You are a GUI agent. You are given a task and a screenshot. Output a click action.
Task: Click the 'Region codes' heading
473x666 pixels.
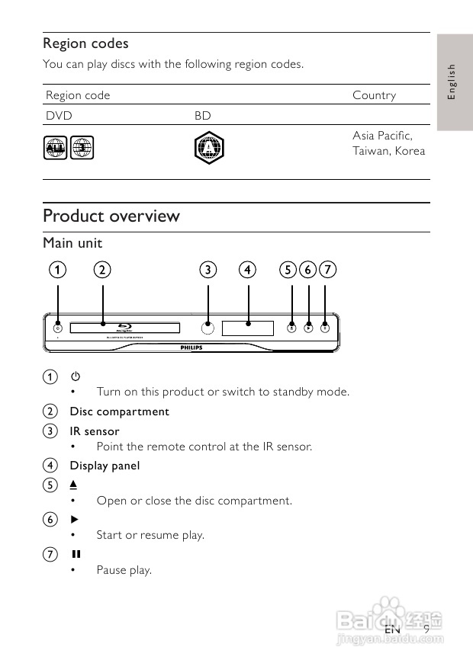pyautogui.click(x=85, y=43)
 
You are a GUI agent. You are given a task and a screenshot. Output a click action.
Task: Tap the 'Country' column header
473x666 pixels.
pyautogui.click(x=374, y=95)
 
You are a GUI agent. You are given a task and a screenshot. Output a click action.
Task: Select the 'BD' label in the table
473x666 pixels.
pyautogui.click(x=202, y=116)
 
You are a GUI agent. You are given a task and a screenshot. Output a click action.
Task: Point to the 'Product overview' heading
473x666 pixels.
pyautogui.click(x=111, y=216)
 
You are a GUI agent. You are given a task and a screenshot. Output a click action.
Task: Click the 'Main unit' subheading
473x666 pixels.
pyautogui.click(x=72, y=243)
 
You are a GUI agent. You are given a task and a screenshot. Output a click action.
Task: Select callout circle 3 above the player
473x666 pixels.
pyautogui.click(x=208, y=269)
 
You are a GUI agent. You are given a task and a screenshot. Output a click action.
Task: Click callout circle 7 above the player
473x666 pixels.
pyautogui.click(x=327, y=269)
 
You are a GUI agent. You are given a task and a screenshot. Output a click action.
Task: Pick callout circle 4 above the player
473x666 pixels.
pyautogui.click(x=247, y=269)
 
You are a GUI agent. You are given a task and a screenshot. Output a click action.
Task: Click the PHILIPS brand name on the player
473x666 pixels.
pyautogui.click(x=192, y=347)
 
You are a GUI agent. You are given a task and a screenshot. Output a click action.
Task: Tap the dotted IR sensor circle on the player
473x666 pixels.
pyautogui.click(x=208, y=328)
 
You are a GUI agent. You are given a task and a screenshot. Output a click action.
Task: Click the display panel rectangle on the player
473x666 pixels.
pyautogui.click(x=248, y=328)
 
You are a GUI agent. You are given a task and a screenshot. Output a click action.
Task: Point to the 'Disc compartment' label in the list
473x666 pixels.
pyautogui.click(x=120, y=411)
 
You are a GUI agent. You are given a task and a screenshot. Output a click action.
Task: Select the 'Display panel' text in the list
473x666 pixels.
pyautogui.click(x=105, y=466)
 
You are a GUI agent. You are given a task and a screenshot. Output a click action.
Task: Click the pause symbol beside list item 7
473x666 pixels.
pyautogui.click(x=75, y=554)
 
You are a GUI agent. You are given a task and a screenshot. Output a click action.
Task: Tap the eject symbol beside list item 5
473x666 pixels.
pyautogui.click(x=75, y=485)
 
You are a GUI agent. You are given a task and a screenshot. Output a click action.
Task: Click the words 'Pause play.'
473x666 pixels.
pyautogui.click(x=124, y=570)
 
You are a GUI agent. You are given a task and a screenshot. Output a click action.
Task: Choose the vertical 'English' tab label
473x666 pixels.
pyautogui.click(x=452, y=81)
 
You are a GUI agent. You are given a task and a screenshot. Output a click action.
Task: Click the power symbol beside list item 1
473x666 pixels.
pyautogui.click(x=75, y=376)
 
